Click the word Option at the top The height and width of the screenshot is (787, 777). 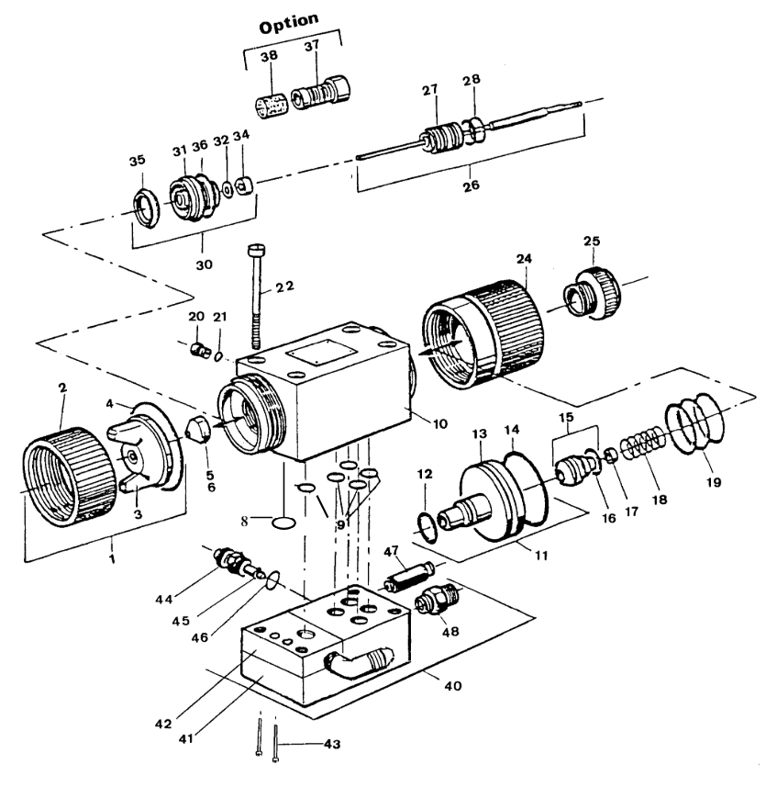pyautogui.click(x=289, y=25)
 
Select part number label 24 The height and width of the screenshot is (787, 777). pyautogui.click(x=523, y=260)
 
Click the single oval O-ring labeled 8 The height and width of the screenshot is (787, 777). pyautogui.click(x=284, y=523)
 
